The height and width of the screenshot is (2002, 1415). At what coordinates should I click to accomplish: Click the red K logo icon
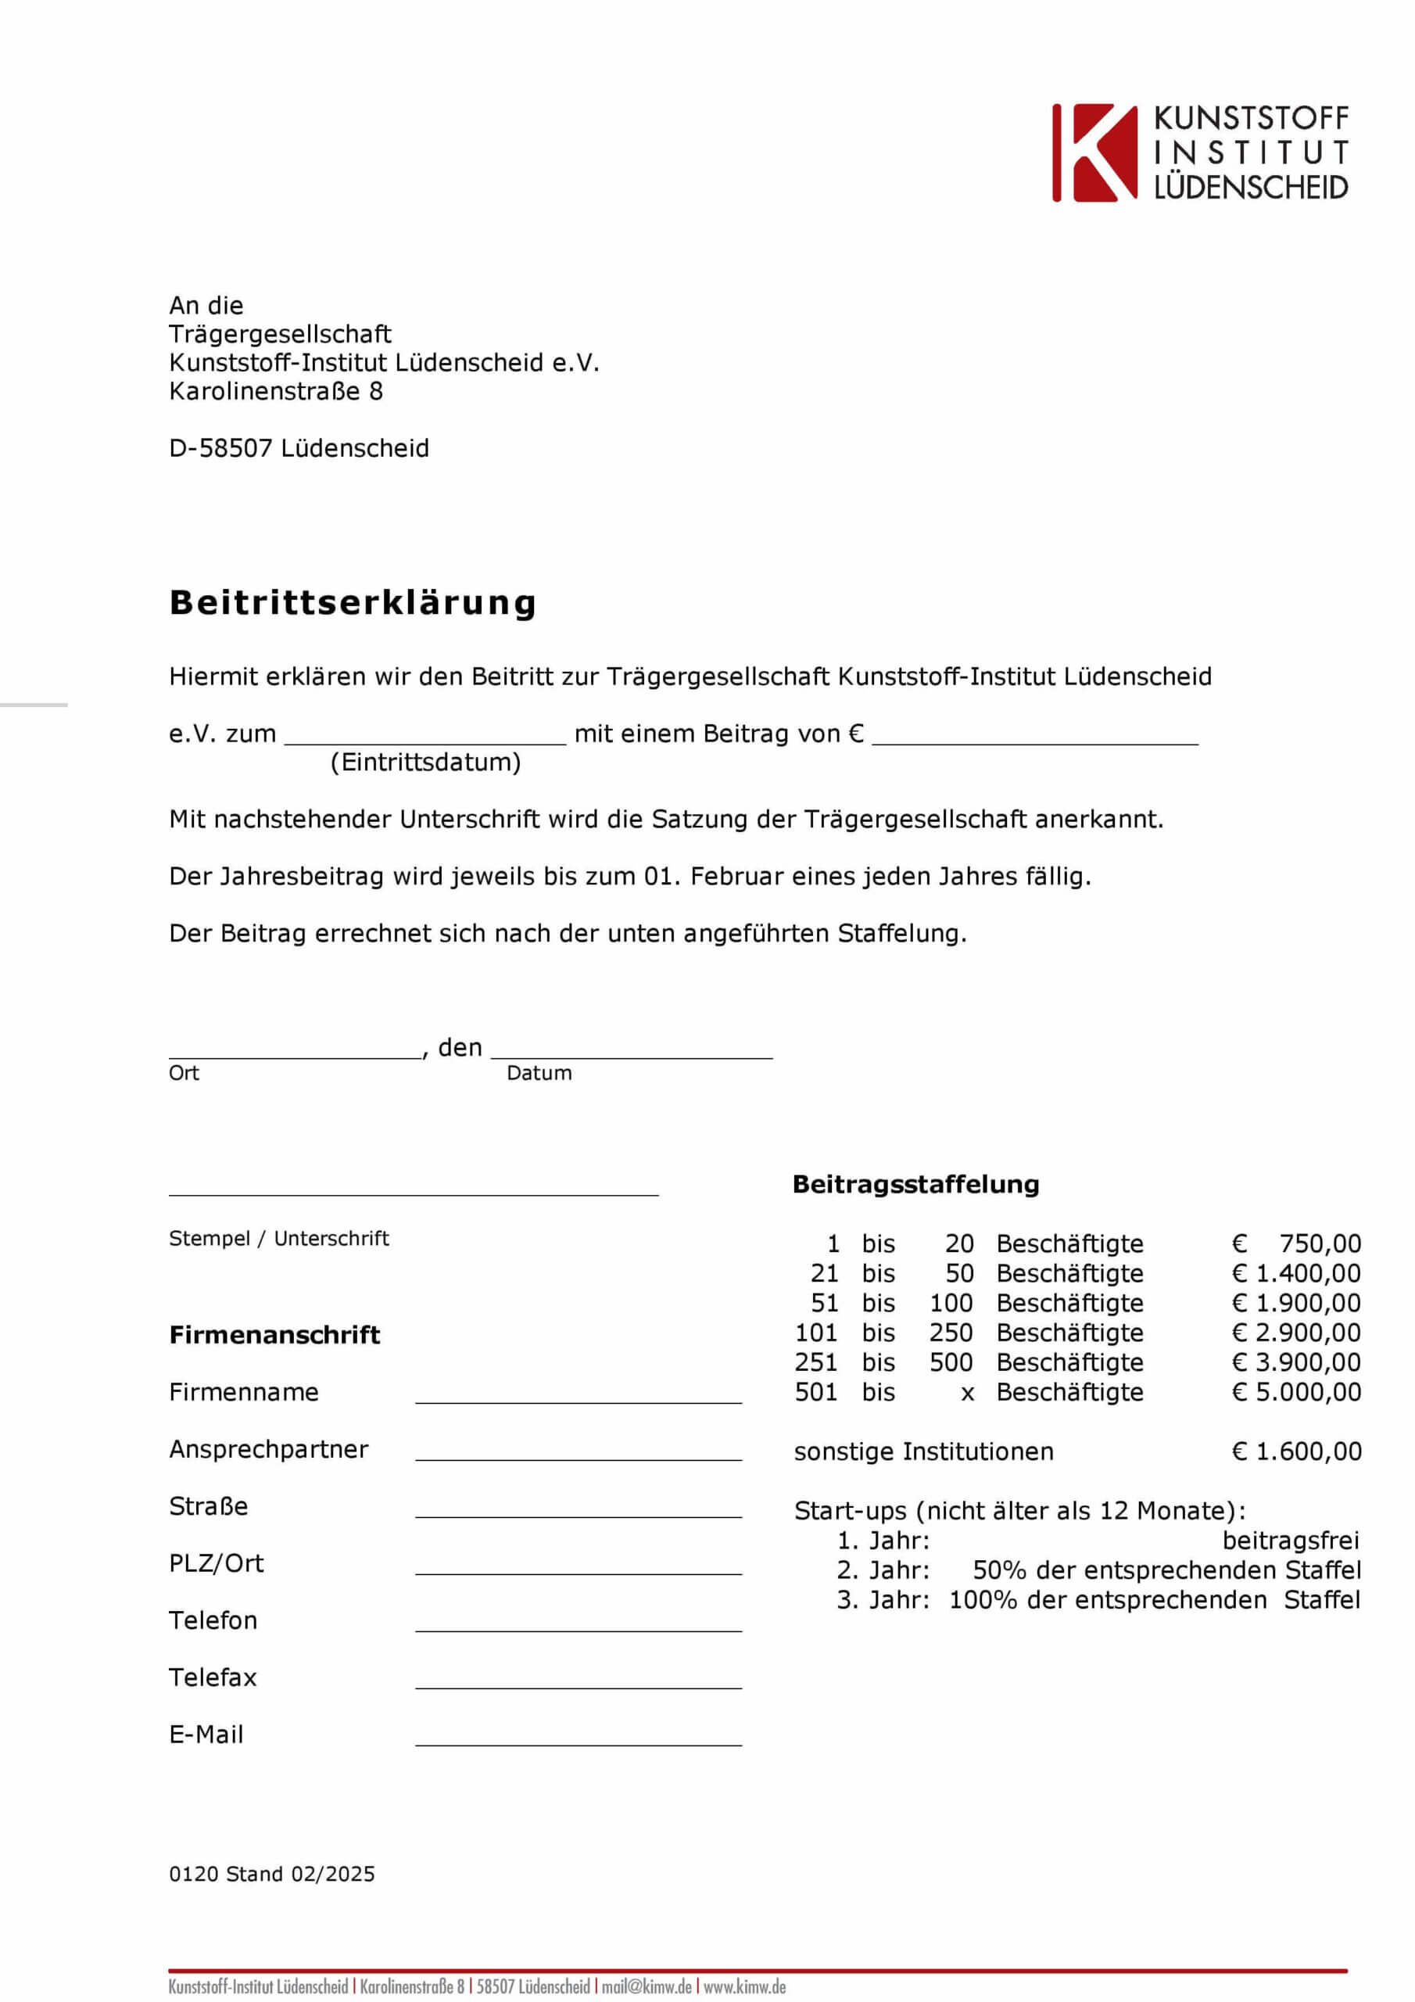(1094, 153)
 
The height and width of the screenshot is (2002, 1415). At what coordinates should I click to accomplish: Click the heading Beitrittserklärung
(353, 602)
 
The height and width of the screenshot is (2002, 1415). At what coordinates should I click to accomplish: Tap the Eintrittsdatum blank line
(425, 740)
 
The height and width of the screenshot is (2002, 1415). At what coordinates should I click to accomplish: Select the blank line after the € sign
(1035, 740)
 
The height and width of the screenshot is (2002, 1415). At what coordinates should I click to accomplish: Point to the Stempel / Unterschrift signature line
(414, 1192)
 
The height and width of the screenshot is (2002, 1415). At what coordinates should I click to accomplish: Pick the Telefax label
(213, 1677)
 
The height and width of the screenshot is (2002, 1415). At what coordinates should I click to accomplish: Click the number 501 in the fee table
(815, 1392)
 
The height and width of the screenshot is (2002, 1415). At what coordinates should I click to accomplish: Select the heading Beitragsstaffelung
(915, 1184)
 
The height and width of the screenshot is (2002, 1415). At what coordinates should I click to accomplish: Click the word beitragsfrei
(1291, 1540)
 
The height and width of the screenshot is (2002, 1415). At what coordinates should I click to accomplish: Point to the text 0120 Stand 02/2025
(272, 1874)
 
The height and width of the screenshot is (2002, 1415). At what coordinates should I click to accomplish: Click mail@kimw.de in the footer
(646, 1986)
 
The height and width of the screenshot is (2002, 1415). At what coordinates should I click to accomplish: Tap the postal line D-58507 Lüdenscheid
(299, 448)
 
